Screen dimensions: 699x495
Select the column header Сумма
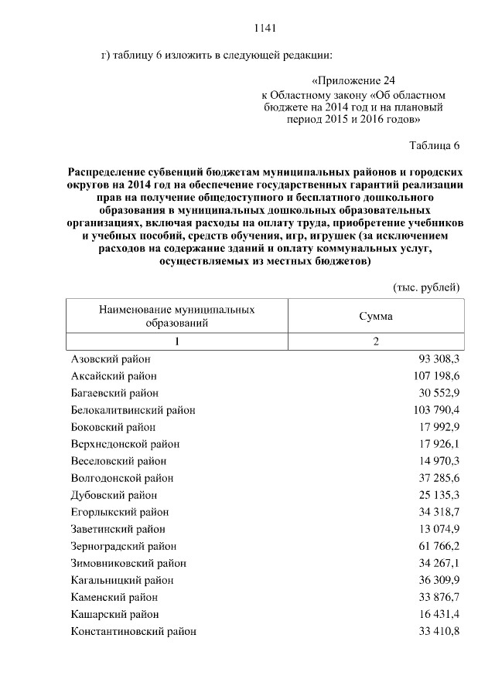[x=375, y=317]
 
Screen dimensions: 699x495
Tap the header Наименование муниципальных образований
[x=176, y=317]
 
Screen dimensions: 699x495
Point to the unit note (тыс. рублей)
[x=427, y=287]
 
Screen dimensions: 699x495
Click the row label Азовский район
[x=111, y=359]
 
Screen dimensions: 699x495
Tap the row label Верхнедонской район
[x=125, y=444]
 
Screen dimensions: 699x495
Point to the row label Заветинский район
[x=118, y=529]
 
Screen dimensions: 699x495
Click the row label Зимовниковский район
[x=128, y=563]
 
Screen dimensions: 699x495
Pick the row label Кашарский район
[x=114, y=614]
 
